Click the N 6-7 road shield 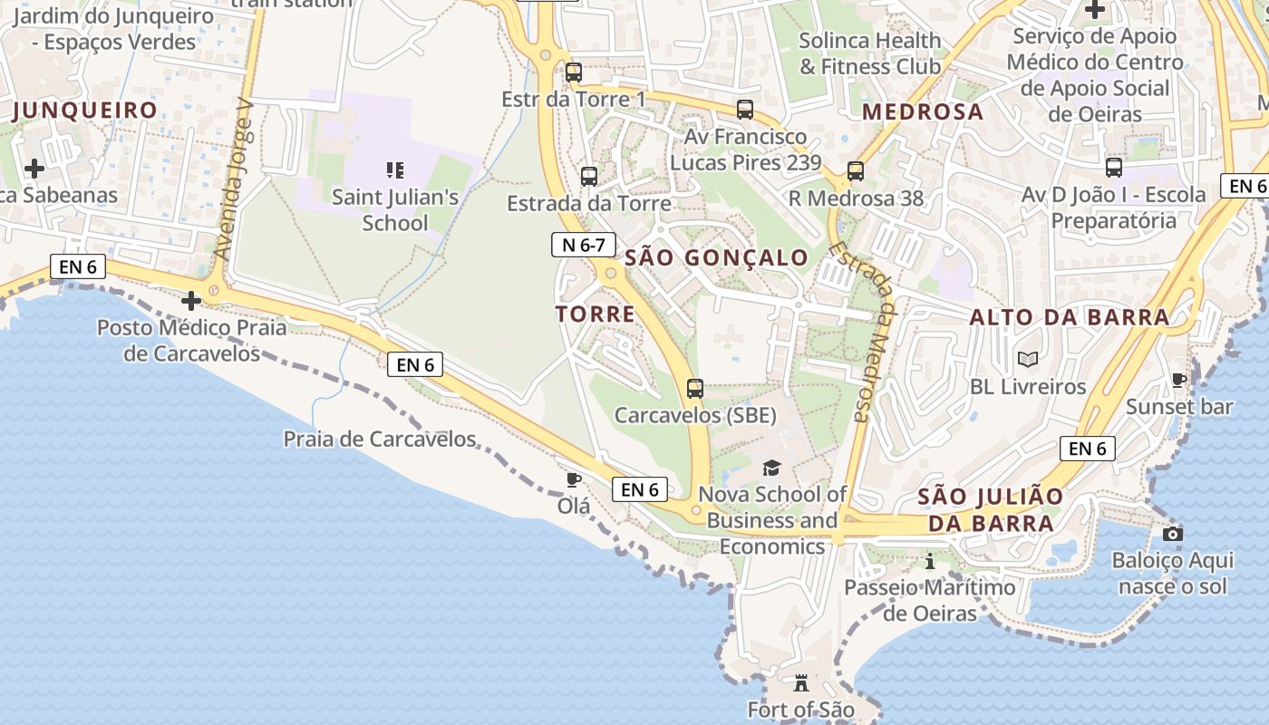point(584,244)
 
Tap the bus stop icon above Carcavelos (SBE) point(695,389)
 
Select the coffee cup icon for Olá point(573,479)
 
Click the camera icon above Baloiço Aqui point(1173,534)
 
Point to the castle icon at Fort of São point(801,682)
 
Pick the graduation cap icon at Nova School point(771,468)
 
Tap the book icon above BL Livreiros point(1027,360)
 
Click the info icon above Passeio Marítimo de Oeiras point(929,561)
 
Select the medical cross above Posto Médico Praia point(191,301)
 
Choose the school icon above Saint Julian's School point(394,169)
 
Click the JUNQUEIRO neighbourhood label point(85,111)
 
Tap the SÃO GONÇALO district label point(716,257)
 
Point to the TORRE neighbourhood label point(595,314)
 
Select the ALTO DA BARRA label point(1070,317)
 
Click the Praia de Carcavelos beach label point(380,440)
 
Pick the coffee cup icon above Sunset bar point(1178,381)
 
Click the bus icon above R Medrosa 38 point(855,171)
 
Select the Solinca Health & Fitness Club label point(870,53)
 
